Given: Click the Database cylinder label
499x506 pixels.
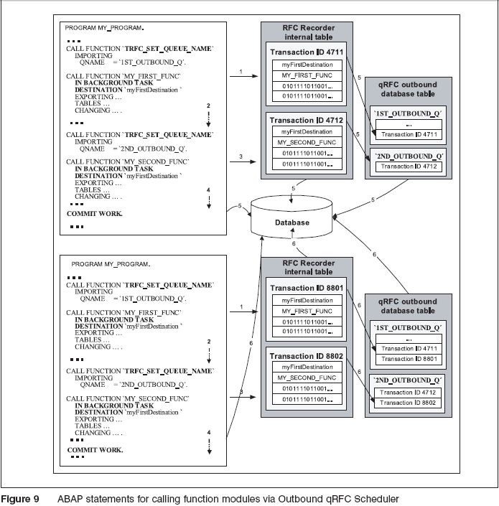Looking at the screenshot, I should point(291,222).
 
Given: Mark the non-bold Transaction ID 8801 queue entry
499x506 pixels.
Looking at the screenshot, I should point(408,359).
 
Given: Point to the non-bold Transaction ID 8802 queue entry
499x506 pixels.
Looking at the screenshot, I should point(408,403).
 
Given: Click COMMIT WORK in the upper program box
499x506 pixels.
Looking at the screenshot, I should point(95,214).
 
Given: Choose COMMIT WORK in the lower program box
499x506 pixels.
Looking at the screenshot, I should point(95,449).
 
